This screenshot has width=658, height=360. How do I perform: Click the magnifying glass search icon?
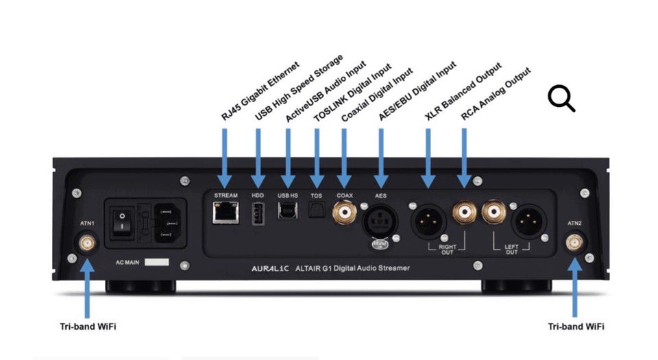click(561, 99)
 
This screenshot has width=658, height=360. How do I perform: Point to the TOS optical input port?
click(316, 213)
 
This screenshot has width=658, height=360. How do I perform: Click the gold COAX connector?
click(343, 214)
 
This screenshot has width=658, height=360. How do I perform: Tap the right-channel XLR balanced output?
click(428, 220)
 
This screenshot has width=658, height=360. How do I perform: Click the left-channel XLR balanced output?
click(530, 220)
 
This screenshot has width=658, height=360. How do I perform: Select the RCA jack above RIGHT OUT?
click(464, 213)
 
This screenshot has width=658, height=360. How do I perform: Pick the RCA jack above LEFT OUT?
click(494, 213)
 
